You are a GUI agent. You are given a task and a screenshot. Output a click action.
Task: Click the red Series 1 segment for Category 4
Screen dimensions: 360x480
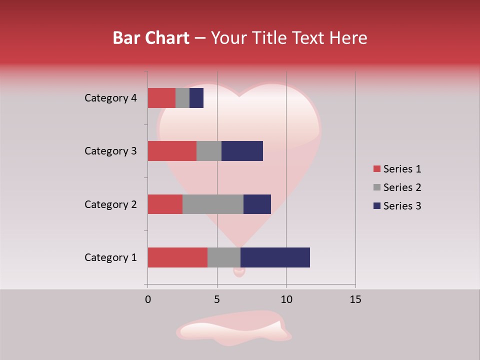[161, 98]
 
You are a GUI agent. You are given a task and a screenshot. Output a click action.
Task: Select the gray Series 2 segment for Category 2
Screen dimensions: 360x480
[213, 204]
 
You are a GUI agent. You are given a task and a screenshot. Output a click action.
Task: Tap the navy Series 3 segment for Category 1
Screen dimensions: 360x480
[275, 257]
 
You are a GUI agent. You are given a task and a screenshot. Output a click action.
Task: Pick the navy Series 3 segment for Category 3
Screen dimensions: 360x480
[242, 151]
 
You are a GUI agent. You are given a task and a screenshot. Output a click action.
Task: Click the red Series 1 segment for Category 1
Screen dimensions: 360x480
[177, 257]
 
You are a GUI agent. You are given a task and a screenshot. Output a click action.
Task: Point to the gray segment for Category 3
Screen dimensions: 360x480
[209, 151]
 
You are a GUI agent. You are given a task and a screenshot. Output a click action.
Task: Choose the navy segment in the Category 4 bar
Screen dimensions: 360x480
[196, 98]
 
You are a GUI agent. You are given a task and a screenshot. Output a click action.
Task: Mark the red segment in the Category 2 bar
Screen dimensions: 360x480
[165, 204]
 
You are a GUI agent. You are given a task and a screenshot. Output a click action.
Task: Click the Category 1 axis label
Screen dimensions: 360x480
[110, 257]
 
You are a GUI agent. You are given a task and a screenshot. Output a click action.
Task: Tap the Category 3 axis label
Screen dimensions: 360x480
[110, 151]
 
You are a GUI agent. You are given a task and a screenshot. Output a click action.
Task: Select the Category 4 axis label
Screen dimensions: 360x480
[110, 98]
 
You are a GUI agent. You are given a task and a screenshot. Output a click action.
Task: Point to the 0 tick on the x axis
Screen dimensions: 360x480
[148, 299]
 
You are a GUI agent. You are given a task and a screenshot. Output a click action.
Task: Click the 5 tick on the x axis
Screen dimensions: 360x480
[217, 299]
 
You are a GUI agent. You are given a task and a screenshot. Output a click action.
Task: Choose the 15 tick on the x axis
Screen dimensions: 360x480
[355, 299]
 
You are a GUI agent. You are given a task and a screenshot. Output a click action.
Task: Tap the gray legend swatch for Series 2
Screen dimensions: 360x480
[376, 187]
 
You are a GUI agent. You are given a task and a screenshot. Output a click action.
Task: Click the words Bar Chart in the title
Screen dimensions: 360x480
[151, 38]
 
